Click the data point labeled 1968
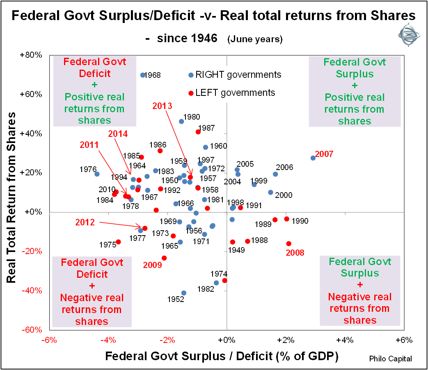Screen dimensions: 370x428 [x=143, y=75]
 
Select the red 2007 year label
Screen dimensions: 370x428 [x=325, y=154]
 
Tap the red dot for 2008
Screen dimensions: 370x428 [x=288, y=243]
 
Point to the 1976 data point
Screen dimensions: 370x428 [x=97, y=174]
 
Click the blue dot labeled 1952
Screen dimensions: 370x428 [x=184, y=293]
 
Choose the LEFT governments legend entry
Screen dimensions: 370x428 [x=231, y=93]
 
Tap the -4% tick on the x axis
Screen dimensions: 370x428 [x=108, y=340]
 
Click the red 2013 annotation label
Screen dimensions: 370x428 [x=163, y=105]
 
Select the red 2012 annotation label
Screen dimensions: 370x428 [x=86, y=222]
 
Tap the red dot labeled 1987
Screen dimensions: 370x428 [x=198, y=132]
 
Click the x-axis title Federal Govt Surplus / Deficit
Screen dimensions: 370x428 [x=222, y=356]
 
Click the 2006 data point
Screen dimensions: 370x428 [x=275, y=174]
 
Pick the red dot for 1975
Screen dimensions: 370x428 [x=118, y=242]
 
